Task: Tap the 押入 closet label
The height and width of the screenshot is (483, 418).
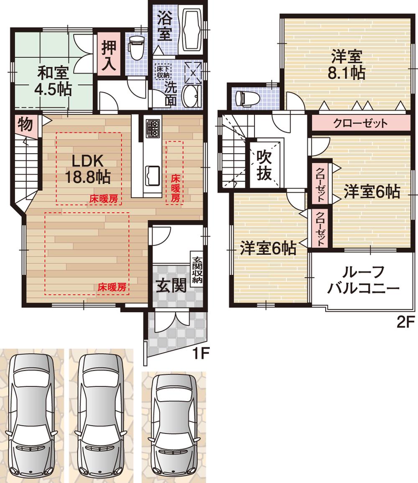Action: [110, 53]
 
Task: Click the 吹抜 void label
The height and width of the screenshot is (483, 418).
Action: [264, 165]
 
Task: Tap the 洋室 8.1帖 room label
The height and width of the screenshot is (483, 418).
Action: [347, 64]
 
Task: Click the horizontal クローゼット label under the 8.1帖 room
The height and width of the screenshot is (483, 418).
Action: [360, 123]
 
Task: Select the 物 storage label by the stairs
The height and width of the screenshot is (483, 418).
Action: [25, 125]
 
